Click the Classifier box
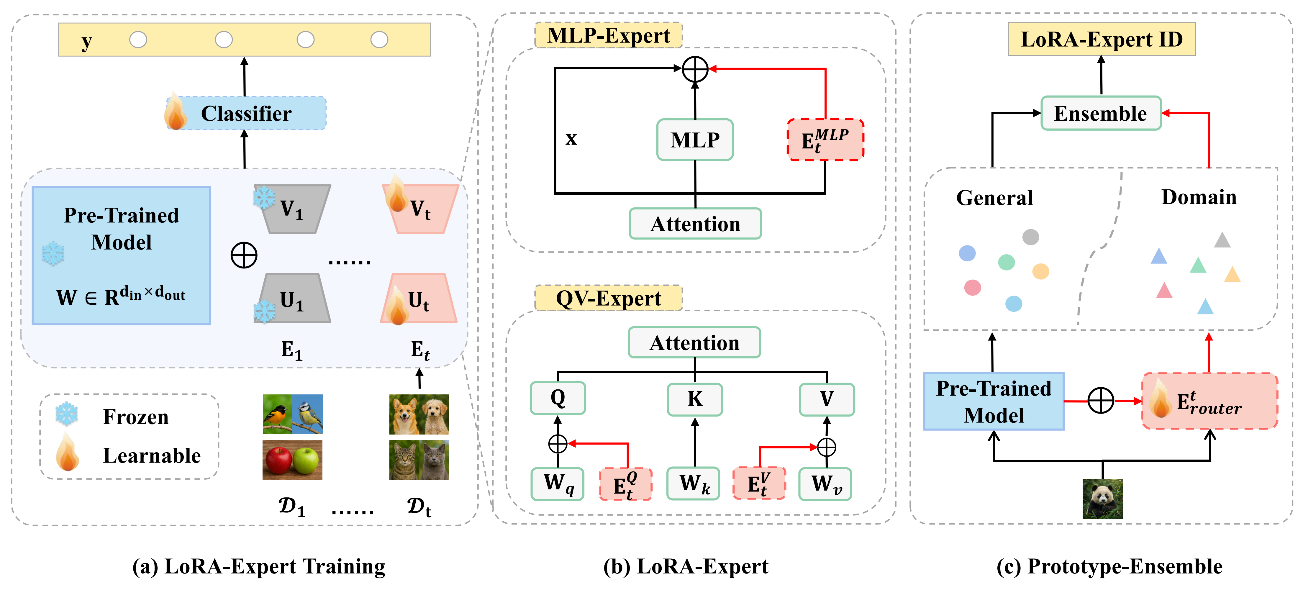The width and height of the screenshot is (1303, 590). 246,113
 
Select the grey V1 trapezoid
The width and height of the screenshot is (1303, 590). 292,209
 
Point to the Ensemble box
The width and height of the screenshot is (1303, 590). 1101,113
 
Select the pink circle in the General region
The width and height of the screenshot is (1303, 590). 972,287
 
